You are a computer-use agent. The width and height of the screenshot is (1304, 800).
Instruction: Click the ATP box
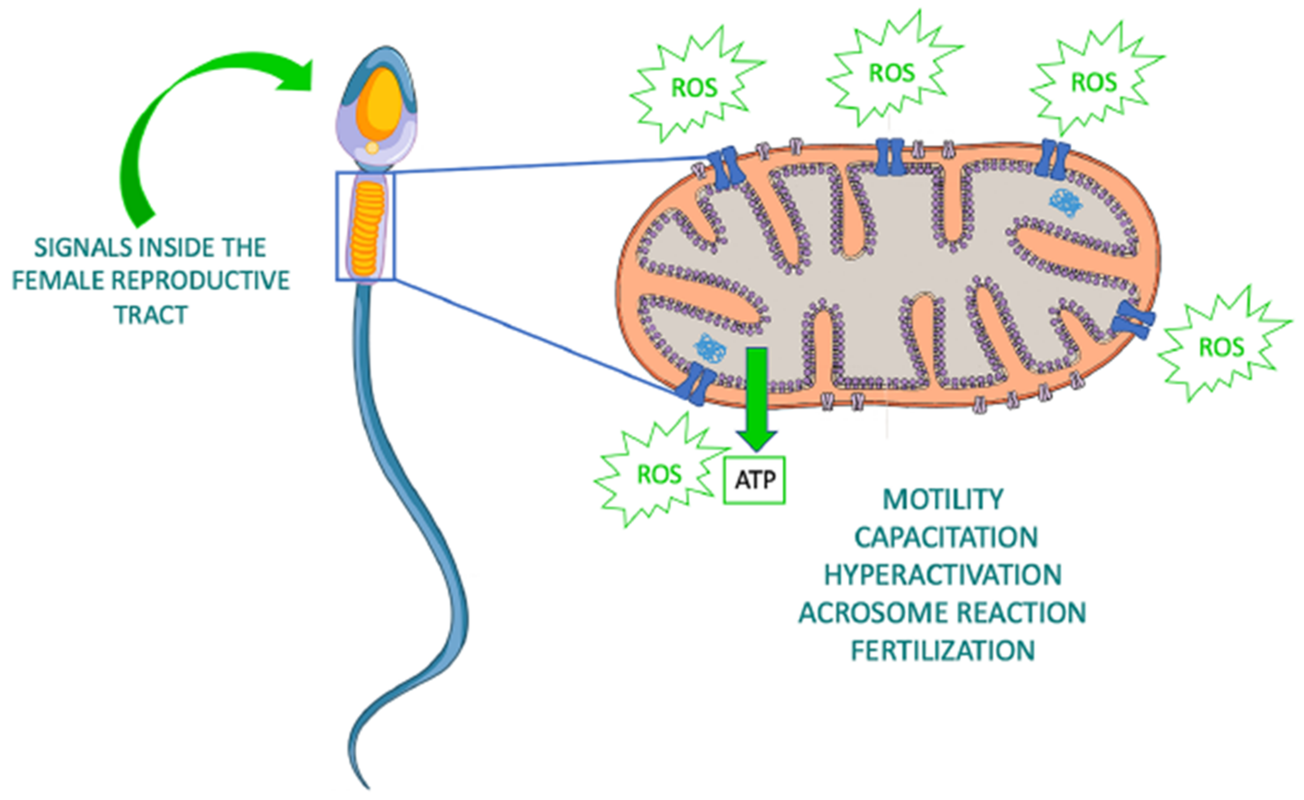pyautogui.click(x=755, y=480)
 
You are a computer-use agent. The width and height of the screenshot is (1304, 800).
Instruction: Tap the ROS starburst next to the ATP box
pyautogui.click(x=659, y=473)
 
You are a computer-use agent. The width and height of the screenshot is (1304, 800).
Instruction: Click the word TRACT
pyautogui.click(x=151, y=315)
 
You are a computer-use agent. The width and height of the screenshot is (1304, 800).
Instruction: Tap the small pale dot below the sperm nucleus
pyautogui.click(x=372, y=148)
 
